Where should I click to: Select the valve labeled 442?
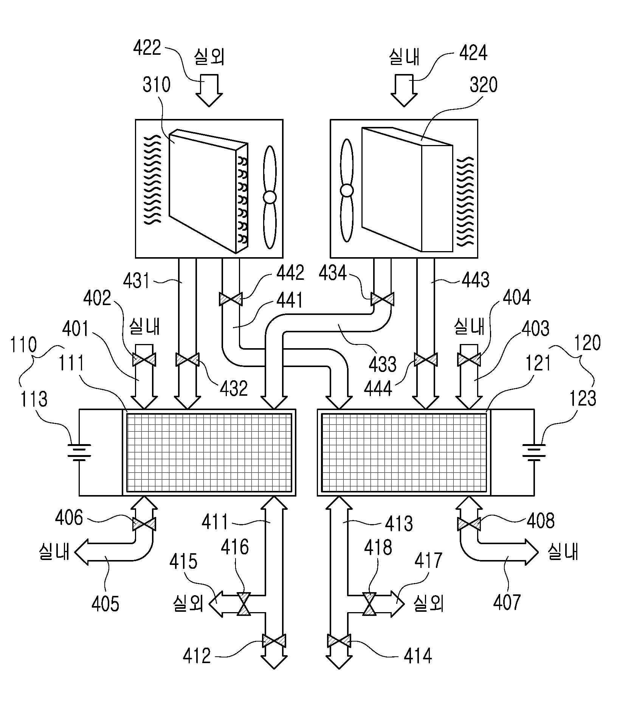point(230,299)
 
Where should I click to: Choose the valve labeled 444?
point(426,359)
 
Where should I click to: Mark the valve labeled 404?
point(469,359)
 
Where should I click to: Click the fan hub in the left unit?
point(270,197)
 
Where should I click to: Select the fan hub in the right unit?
point(347,190)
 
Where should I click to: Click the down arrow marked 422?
point(209,90)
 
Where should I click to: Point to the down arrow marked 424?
point(404,90)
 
